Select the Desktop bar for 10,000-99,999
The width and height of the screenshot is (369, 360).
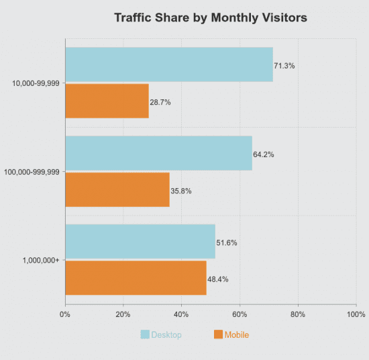(169, 64)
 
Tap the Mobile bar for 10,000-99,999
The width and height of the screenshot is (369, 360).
(107, 101)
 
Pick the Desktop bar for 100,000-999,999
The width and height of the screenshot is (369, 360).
(158, 153)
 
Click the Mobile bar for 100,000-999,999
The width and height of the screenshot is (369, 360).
(117, 189)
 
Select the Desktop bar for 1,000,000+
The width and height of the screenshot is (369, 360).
(140, 242)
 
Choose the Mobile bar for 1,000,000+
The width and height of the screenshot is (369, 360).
(136, 278)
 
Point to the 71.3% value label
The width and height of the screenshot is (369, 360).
(284, 66)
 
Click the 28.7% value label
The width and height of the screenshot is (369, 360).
(160, 102)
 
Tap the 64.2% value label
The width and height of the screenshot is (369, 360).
(264, 154)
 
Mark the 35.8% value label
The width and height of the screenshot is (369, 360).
(181, 191)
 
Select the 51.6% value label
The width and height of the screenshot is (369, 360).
(227, 243)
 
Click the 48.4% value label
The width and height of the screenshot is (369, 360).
(218, 279)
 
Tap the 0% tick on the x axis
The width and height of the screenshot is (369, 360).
(65, 314)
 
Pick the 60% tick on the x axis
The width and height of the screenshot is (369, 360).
(240, 314)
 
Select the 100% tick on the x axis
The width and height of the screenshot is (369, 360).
(356, 314)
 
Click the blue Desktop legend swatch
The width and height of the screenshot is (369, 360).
(145, 334)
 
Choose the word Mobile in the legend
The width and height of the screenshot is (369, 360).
(237, 334)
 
